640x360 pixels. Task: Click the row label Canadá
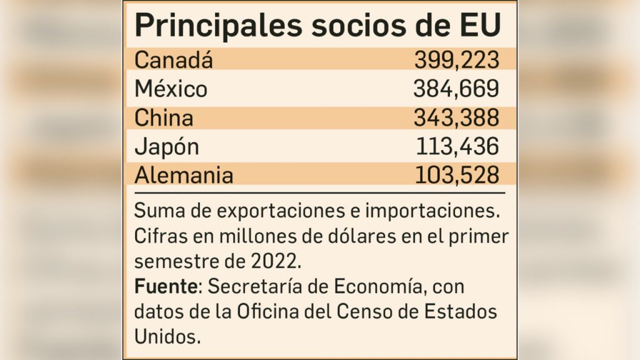coord(174,61)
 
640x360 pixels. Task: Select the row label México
coord(171,89)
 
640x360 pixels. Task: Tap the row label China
coord(164,117)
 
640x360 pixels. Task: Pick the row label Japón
coord(167,147)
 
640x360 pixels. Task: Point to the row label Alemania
coord(184,175)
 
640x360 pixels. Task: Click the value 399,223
coord(456,61)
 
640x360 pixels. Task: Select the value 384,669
coord(456,89)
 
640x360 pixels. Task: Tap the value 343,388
coord(456,117)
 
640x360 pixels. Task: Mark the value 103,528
coord(457,175)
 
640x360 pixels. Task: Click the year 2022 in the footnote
coord(279,257)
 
